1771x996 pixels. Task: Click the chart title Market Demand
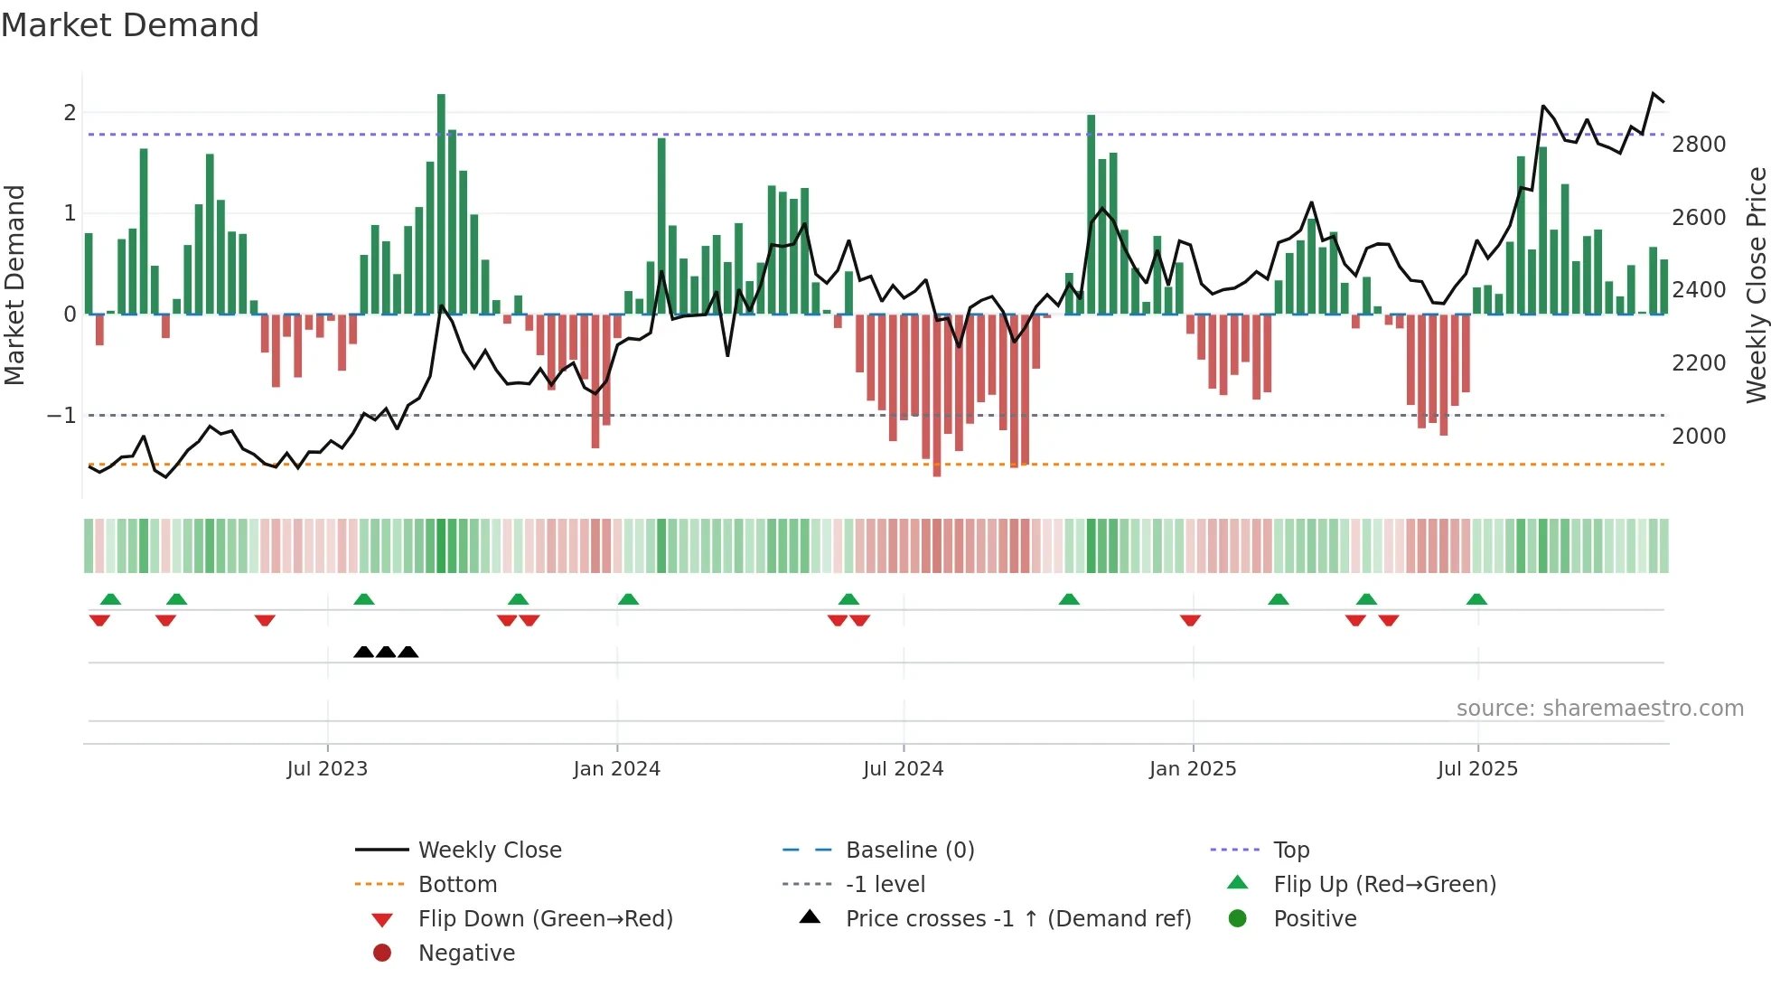[130, 25]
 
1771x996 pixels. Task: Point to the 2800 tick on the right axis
[1698, 145]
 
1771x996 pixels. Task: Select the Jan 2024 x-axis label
[616, 769]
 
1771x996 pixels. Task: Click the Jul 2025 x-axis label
[1477, 769]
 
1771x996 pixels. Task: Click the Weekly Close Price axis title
[1756, 285]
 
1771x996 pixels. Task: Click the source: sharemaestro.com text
[1599, 709]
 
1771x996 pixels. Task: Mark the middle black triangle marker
[386, 652]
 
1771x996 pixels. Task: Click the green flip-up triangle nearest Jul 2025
[1476, 599]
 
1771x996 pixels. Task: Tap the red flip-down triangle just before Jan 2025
[1190, 620]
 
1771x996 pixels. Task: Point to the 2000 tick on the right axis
[1698, 437]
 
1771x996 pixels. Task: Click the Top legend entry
[1290, 850]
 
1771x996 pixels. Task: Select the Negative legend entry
[466, 954]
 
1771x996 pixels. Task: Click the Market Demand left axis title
[15, 285]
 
